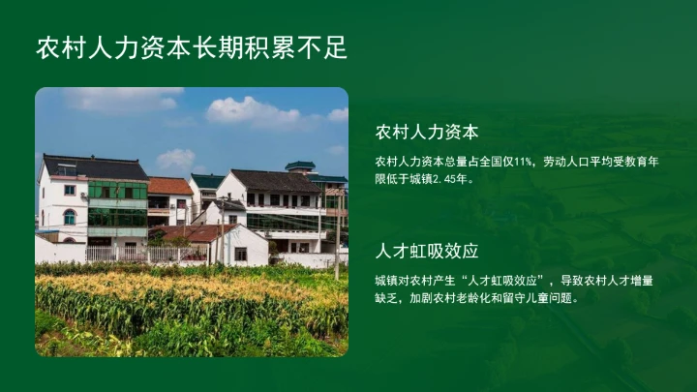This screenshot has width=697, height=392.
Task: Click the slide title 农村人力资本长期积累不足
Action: tap(192, 47)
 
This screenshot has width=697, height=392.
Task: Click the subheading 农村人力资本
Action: tap(427, 132)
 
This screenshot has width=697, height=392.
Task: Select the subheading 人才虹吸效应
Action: tap(427, 251)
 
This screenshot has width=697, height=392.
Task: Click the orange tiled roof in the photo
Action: tap(170, 186)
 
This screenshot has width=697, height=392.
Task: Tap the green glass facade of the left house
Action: tap(117, 205)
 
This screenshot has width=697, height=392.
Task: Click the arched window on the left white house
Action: tap(70, 217)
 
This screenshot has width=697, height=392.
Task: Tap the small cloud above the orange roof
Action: tap(176, 158)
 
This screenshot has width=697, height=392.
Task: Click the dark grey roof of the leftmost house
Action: tap(93, 167)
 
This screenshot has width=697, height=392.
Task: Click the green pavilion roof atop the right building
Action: tap(300, 166)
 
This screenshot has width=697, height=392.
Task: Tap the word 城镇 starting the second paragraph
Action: tap(385, 281)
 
